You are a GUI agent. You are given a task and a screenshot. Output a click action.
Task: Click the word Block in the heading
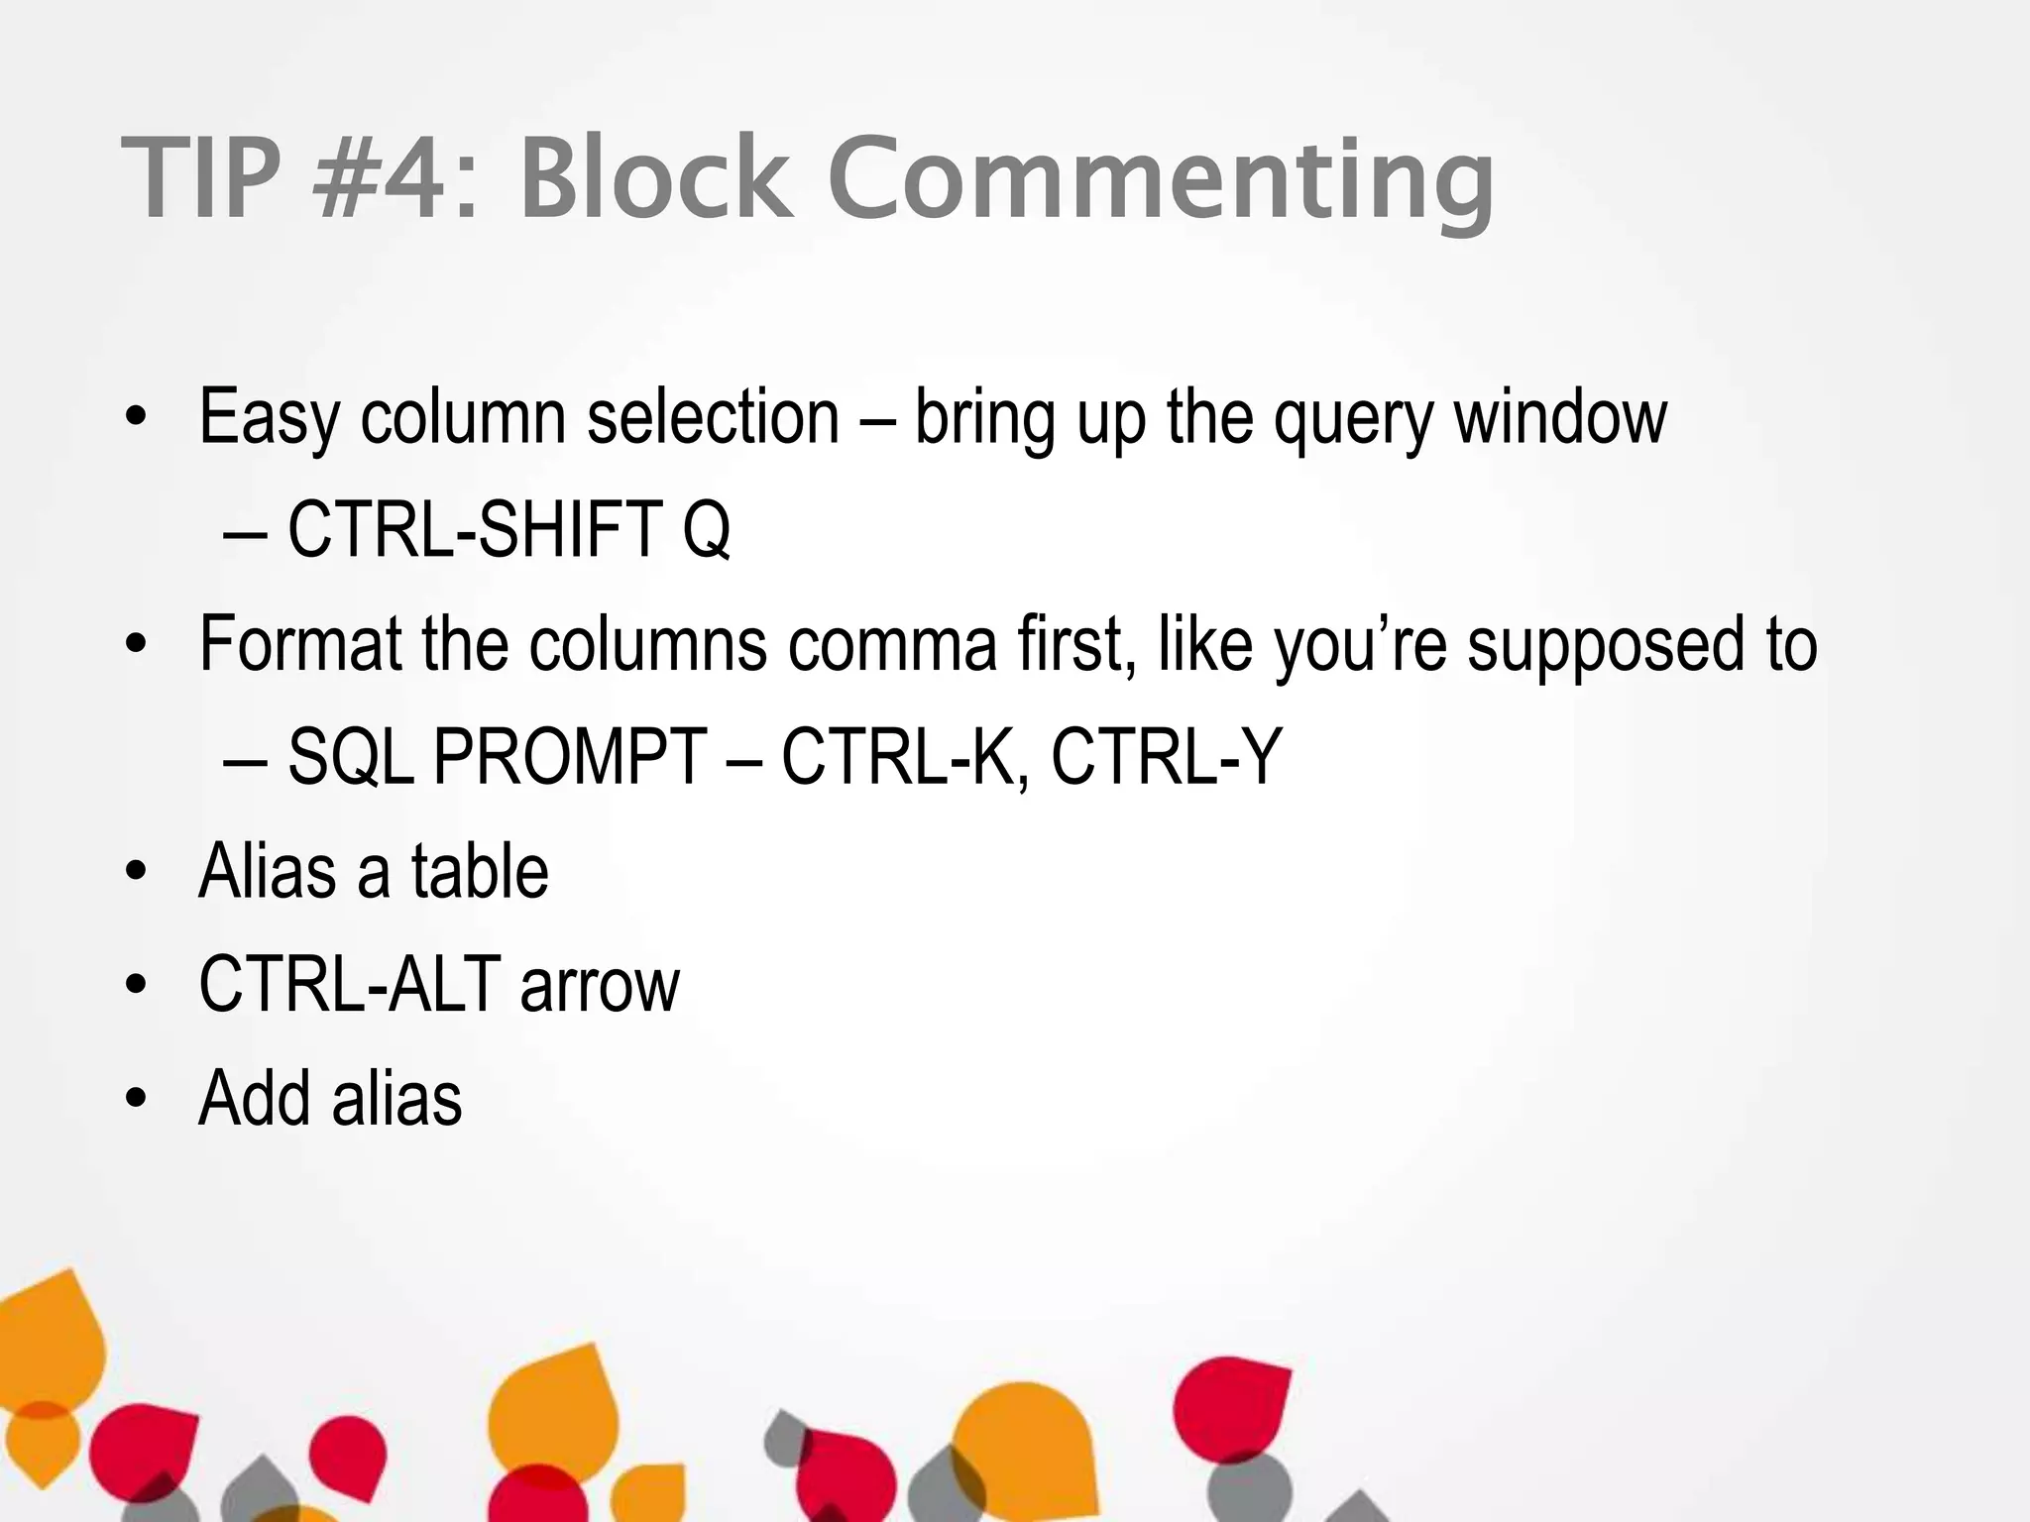click(x=656, y=179)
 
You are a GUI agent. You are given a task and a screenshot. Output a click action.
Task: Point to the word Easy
click(x=269, y=418)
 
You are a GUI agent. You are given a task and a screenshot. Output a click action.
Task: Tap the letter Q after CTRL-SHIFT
click(x=706, y=531)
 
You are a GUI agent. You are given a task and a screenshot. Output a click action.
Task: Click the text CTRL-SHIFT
click(x=475, y=529)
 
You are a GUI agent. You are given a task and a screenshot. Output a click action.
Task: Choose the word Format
click(x=299, y=644)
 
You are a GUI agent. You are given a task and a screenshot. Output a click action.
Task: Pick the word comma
click(x=892, y=644)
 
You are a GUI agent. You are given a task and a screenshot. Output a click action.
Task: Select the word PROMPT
click(x=570, y=757)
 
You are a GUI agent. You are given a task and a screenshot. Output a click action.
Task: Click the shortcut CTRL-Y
click(x=1167, y=757)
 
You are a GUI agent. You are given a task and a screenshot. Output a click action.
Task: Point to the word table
click(x=480, y=871)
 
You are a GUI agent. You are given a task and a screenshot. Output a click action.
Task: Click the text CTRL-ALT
click(x=349, y=985)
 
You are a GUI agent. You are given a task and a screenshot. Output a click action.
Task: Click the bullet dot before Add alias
click(x=137, y=1098)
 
